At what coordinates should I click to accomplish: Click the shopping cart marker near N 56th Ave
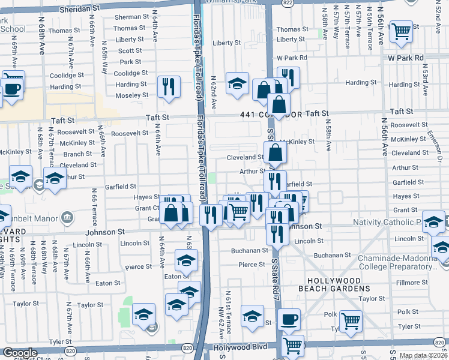point(400,32)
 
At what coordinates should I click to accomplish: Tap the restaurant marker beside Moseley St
point(169,86)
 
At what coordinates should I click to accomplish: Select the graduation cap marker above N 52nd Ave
point(238,83)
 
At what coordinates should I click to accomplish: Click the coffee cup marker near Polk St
point(289,319)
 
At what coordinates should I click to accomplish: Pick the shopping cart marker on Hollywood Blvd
point(292,345)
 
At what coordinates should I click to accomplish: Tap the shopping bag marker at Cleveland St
point(275,154)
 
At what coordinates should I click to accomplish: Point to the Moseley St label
point(131,95)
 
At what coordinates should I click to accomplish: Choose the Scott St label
point(130,51)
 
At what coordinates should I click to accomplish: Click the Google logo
point(20,353)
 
